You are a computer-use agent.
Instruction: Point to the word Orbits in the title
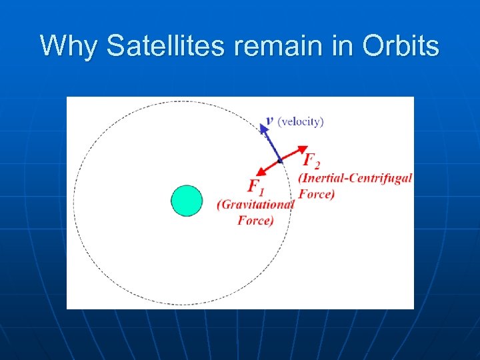coord(401,47)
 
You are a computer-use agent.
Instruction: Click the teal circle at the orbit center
coord(187,201)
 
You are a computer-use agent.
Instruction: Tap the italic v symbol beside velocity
coord(269,121)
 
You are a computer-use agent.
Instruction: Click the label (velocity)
coord(301,121)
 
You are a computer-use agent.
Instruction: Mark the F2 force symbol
coord(310,160)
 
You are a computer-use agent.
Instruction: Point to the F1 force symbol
coord(255,187)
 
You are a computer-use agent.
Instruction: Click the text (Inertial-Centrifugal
coord(355,178)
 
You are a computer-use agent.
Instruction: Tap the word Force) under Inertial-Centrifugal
coord(317,194)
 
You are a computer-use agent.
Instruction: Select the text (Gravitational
coord(255,205)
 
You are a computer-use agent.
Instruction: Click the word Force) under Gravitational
coord(255,220)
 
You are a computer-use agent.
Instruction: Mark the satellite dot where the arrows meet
coord(280,161)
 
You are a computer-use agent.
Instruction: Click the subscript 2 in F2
coord(317,164)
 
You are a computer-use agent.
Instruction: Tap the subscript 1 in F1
coord(261,191)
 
